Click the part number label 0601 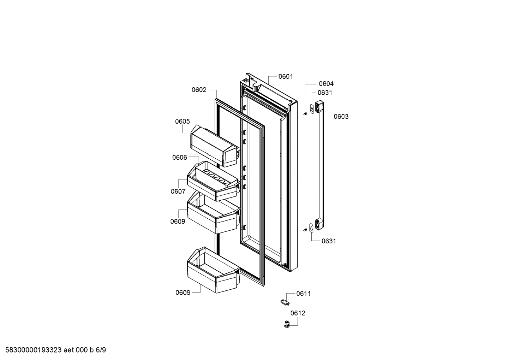(x=286, y=77)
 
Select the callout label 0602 (x=199, y=90)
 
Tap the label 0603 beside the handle (x=341, y=117)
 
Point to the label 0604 (x=326, y=84)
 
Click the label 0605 (x=182, y=122)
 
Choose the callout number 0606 (x=179, y=158)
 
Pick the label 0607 (x=178, y=191)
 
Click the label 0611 (x=304, y=293)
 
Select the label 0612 (x=298, y=313)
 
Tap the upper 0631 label (x=324, y=93)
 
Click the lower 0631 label (x=329, y=241)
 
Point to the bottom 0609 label (x=183, y=293)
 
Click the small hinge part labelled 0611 (x=283, y=302)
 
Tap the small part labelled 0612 (x=287, y=324)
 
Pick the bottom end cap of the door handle (x=319, y=224)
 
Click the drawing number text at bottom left (x=53, y=350)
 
